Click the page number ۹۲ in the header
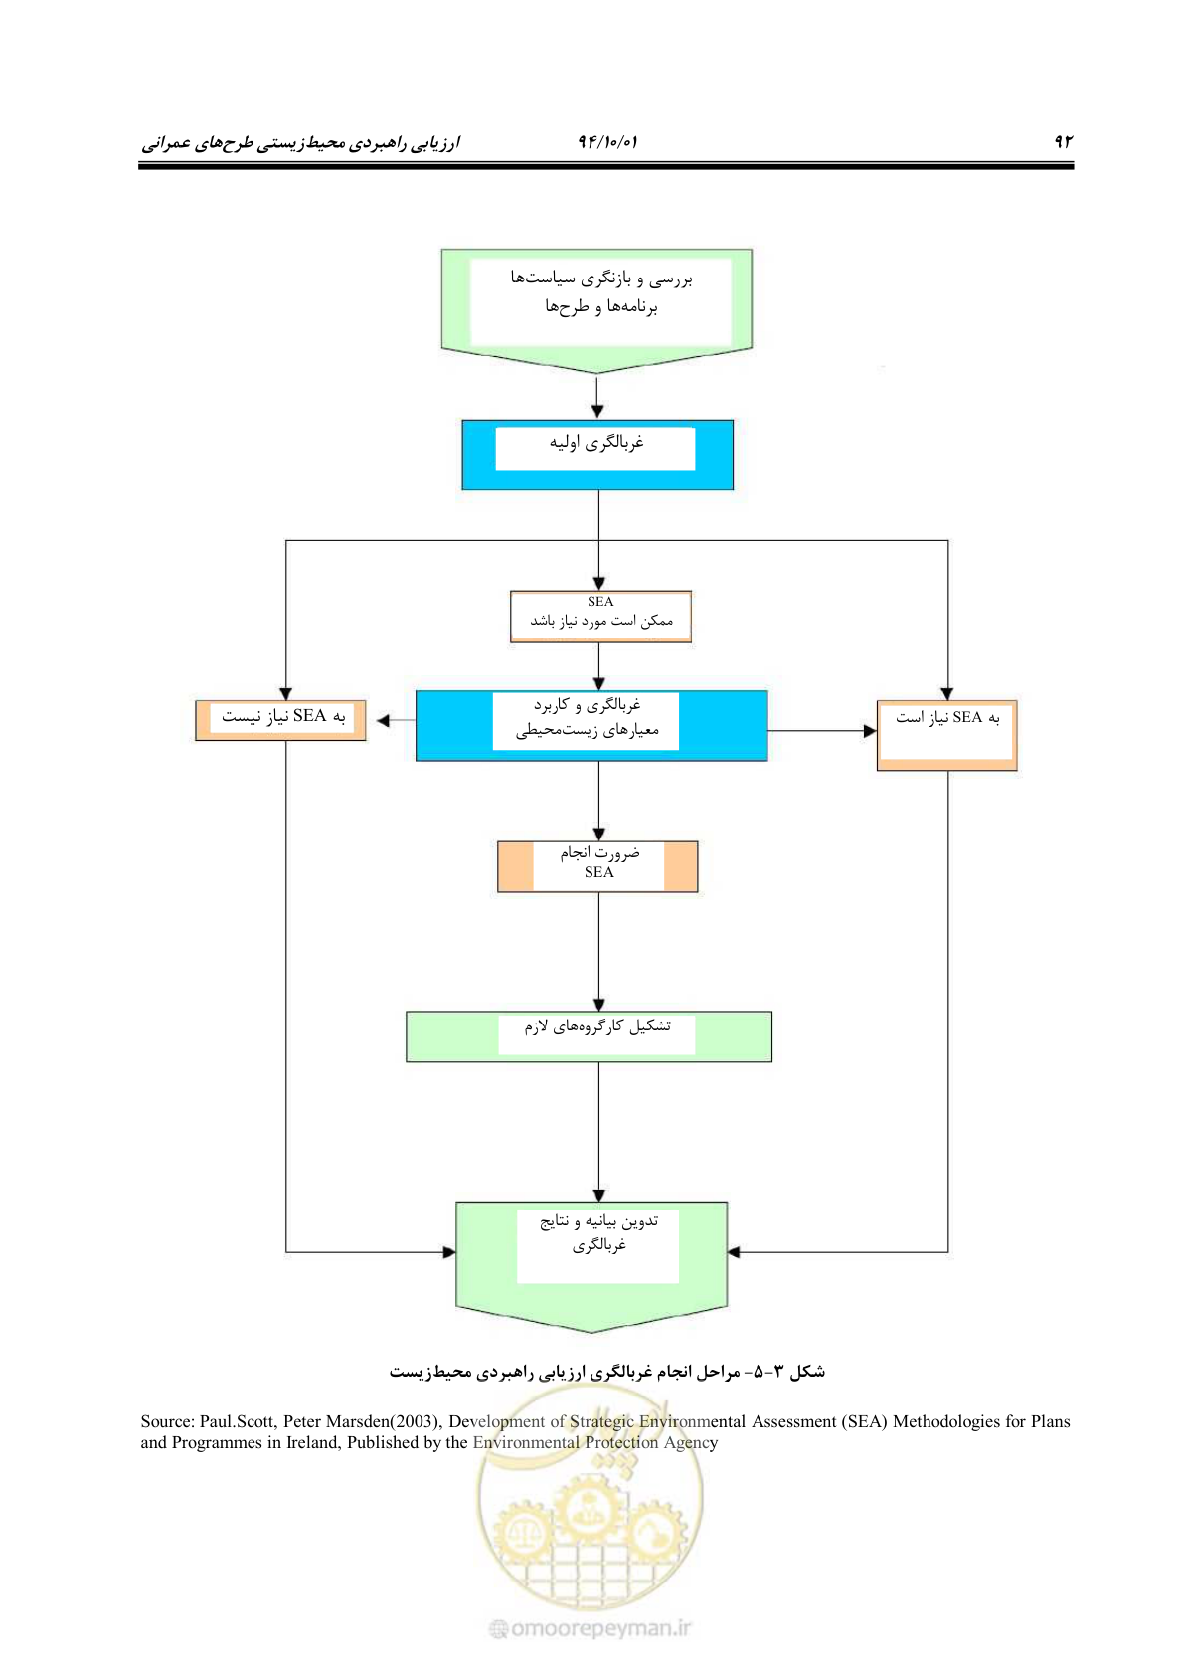click(1063, 141)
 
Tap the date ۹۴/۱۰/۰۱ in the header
click(607, 141)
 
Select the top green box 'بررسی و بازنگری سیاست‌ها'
click(596, 310)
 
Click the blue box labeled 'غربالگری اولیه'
click(597, 455)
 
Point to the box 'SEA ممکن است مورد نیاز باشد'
click(600, 616)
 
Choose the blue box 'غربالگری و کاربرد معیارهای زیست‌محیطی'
click(591, 725)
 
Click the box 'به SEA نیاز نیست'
click(280, 720)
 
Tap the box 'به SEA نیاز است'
click(946, 735)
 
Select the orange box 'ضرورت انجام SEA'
click(597, 866)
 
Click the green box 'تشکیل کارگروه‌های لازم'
click(589, 1036)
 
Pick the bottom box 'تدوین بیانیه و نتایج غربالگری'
click(591, 1266)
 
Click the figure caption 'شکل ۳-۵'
click(798, 1372)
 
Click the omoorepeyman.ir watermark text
click(591, 1628)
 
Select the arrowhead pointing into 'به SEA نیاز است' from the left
click(870, 730)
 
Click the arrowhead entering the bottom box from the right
click(734, 1251)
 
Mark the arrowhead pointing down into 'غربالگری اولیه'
click(597, 412)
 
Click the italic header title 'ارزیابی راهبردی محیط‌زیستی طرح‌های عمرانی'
click(301, 142)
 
